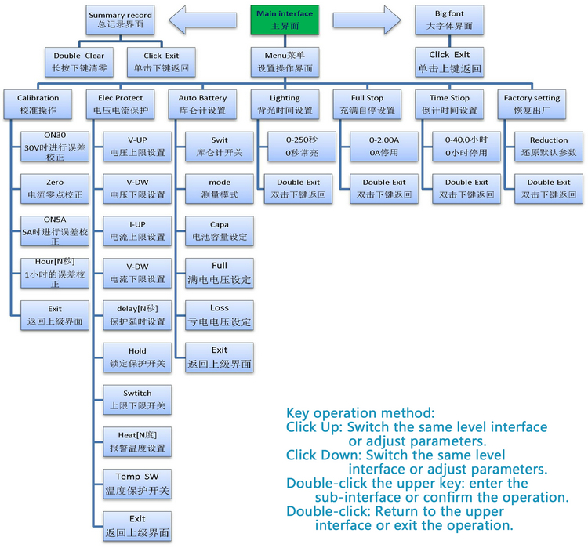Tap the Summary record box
120,20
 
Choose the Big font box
449,20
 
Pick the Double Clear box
78,62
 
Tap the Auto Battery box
202,104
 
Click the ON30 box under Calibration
54,147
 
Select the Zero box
54,188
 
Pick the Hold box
137,357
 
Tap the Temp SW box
137,484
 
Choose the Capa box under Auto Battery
220,230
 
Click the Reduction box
549,147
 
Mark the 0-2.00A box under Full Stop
383,147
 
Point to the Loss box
220,315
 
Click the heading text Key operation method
360,413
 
